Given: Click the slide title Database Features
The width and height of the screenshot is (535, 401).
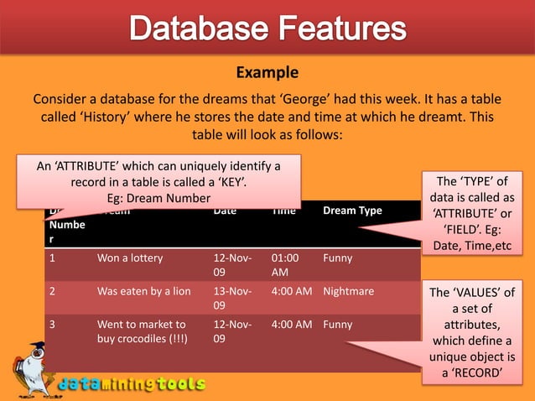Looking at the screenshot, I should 267,30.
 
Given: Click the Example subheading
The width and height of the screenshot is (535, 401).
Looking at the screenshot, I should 267,73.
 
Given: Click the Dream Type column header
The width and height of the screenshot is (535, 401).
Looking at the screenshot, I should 352,211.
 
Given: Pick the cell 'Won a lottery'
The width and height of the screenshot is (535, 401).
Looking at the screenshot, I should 130,258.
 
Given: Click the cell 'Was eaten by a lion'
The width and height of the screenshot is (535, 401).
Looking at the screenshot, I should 143,291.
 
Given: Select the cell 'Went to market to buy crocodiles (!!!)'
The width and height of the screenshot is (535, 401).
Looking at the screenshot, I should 142,331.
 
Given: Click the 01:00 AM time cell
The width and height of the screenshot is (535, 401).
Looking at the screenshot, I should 285,265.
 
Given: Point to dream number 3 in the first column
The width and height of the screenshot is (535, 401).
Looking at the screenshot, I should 53,324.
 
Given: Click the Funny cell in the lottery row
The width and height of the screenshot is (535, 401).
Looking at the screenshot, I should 338,258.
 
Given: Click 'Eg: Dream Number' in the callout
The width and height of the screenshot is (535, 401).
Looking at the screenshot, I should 158,198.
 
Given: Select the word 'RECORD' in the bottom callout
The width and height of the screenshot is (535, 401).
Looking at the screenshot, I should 479,373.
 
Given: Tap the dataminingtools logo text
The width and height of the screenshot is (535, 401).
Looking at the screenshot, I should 132,384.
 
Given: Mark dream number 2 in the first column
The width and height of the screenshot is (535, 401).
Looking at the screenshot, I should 53,291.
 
